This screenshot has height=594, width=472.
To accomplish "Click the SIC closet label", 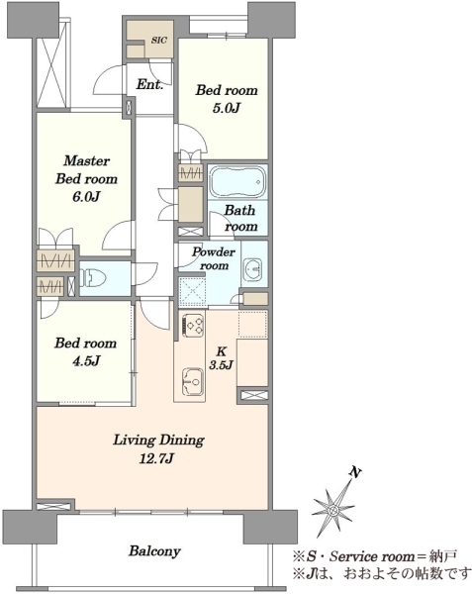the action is (159, 41).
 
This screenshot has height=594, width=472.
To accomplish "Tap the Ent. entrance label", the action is (149, 84).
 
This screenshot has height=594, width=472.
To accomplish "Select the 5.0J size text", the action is (227, 108).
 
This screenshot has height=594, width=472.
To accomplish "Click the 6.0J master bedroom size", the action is (86, 197).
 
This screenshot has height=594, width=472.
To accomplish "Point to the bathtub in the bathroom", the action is (237, 181).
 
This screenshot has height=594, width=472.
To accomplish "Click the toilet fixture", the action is (92, 278).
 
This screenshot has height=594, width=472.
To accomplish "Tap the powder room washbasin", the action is (252, 269).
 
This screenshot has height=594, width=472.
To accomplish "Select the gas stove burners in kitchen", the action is (194, 326).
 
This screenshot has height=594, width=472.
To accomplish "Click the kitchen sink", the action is (193, 381).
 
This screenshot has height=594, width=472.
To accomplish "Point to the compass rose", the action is (333, 510).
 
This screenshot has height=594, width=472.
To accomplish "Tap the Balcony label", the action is (154, 551).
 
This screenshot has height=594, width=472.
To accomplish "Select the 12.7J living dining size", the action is (156, 459).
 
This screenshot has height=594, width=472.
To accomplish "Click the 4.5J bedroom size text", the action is (86, 361).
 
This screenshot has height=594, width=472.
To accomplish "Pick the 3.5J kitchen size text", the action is (221, 364).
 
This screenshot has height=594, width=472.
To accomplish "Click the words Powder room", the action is (214, 258).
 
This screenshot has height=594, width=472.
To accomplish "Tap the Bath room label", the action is (240, 218).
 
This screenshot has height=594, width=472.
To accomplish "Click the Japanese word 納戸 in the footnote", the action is (444, 556).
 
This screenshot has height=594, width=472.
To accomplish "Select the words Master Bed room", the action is (86, 169).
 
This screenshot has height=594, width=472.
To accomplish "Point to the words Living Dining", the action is (158, 441).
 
